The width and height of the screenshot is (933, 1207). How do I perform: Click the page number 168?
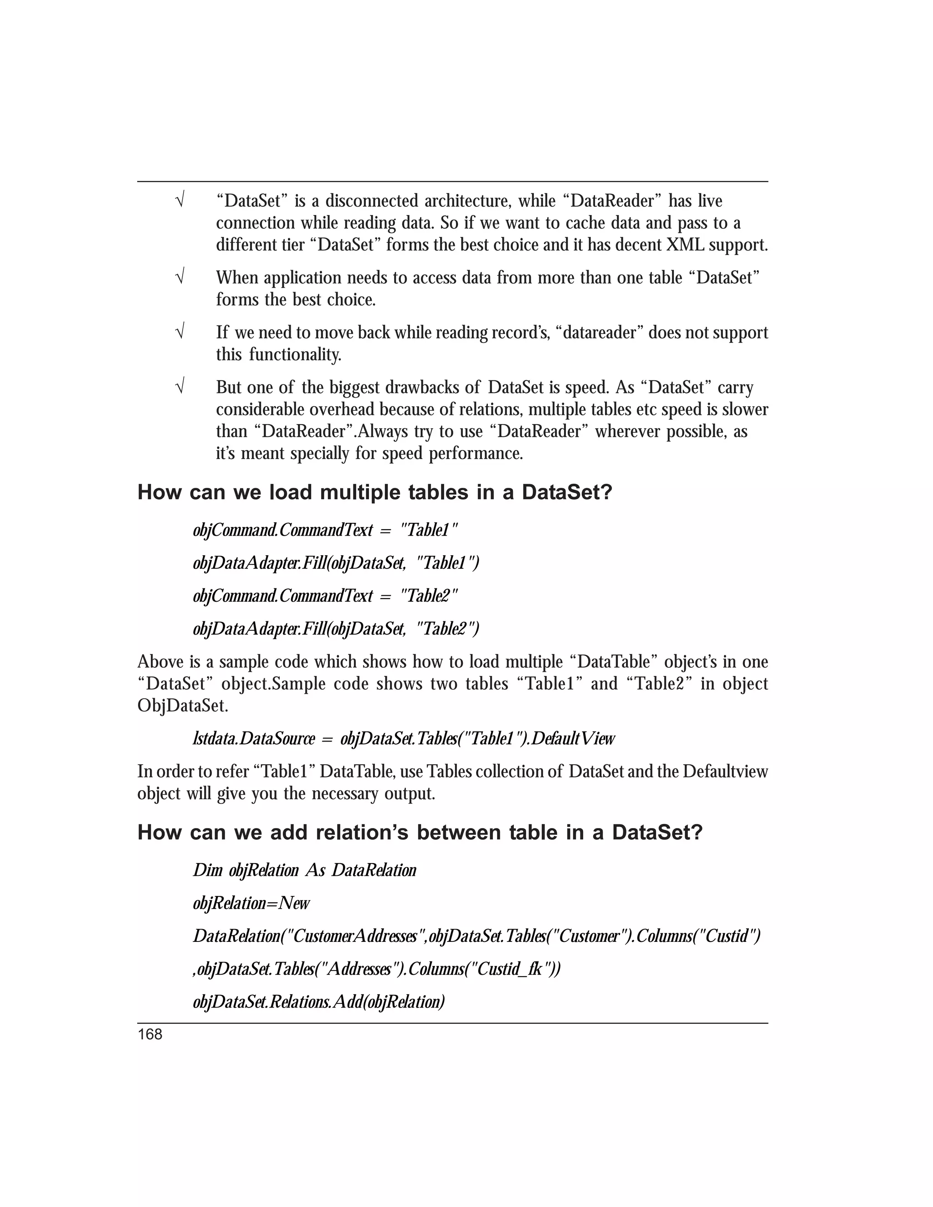(150, 1034)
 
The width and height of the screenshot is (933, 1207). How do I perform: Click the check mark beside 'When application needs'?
(179, 277)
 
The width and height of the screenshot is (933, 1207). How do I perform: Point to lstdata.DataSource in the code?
(254, 738)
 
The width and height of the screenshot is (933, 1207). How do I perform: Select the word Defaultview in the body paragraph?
(725, 772)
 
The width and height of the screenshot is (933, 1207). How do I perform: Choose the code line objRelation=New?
(251, 903)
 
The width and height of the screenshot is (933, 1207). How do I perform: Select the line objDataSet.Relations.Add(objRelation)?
(319, 1002)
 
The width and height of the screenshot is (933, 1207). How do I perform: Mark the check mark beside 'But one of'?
(179, 387)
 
